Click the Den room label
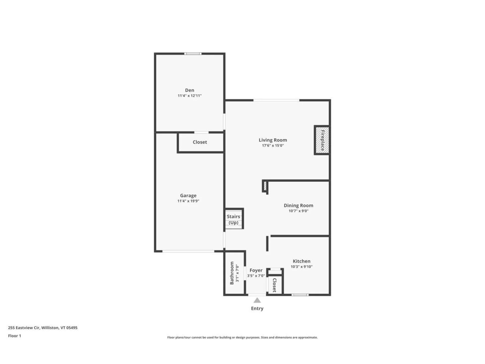[x=189, y=90]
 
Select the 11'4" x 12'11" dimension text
[x=189, y=96]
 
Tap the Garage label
[x=188, y=195]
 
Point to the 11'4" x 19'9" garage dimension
[x=188, y=201]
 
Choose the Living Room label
[x=273, y=140]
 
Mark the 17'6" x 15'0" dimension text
[x=273, y=146]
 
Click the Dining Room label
[x=298, y=205]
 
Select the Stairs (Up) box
[x=234, y=219]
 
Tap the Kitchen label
[x=301, y=261]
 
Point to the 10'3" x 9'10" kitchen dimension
[x=301, y=267]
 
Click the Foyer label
[x=256, y=270]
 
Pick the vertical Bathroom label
[x=232, y=273]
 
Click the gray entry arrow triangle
[x=257, y=300]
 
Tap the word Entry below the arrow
[x=257, y=308]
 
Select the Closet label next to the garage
[x=200, y=142]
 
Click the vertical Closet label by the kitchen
[x=275, y=285]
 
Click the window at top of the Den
[x=193, y=54]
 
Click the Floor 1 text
[x=14, y=336]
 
